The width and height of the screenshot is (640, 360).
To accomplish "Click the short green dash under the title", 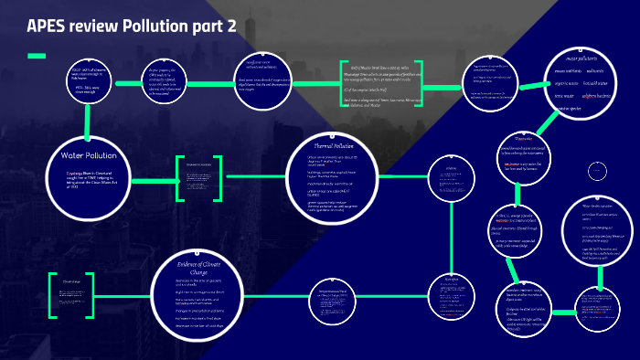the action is point(37,56).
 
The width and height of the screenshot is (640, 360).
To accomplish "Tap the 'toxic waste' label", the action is point(558,94).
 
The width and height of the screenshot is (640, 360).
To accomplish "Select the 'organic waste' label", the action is point(558,82).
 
